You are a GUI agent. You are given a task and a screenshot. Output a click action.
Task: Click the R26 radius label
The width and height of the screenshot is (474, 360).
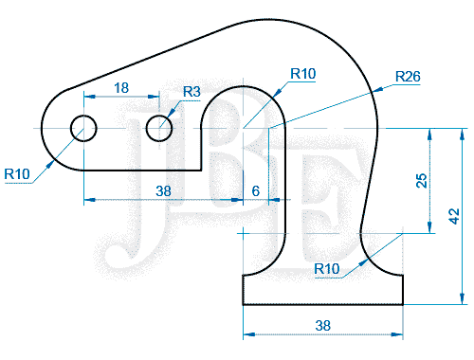click(x=408, y=77)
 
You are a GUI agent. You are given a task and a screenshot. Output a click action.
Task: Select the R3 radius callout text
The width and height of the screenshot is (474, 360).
click(x=191, y=92)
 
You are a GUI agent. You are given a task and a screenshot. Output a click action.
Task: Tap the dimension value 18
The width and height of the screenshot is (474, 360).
click(x=121, y=88)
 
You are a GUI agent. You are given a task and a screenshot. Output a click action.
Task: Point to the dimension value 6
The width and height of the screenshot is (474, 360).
click(x=256, y=191)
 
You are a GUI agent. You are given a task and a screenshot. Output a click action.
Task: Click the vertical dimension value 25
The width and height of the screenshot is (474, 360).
click(x=421, y=181)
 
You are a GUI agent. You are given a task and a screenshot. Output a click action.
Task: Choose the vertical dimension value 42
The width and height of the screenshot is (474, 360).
click(x=454, y=216)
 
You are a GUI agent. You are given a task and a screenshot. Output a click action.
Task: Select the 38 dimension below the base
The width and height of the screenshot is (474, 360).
click(x=322, y=326)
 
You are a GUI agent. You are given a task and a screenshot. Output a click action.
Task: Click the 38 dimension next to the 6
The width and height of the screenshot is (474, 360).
click(x=163, y=191)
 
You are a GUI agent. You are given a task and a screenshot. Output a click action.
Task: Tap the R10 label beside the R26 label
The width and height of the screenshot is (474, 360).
click(x=303, y=74)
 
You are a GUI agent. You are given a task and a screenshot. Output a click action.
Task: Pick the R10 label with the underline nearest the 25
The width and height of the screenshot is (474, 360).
click(x=327, y=269)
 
